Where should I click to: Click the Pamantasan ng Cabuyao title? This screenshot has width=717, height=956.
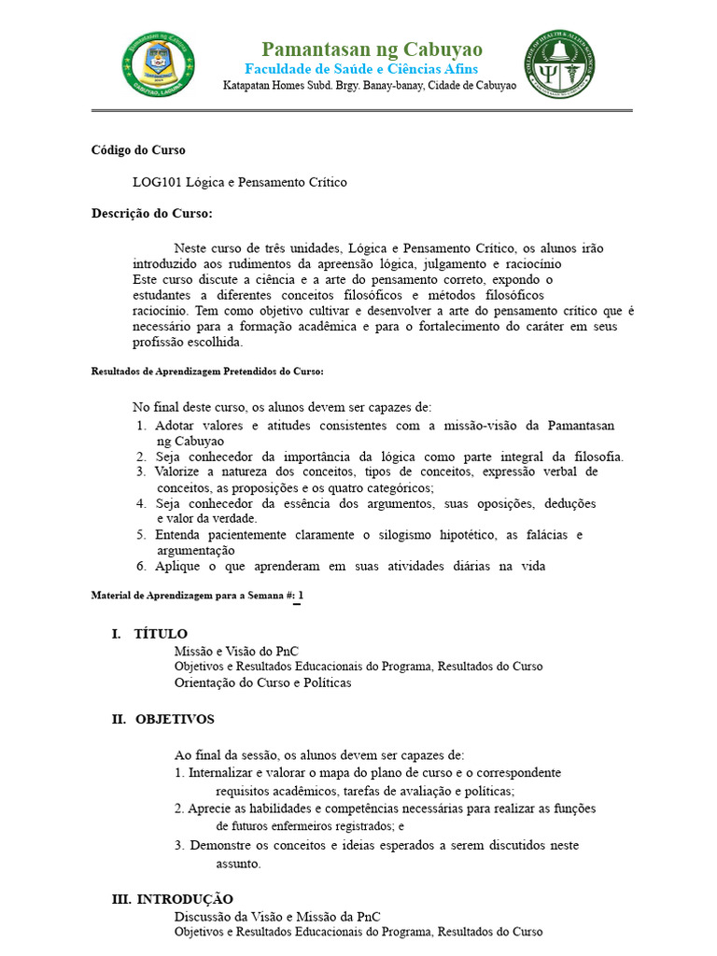tap(372, 49)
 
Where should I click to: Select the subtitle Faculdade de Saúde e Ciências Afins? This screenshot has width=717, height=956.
tap(361, 69)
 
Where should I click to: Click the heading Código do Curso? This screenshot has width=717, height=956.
tap(138, 149)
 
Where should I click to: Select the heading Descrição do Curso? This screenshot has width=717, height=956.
tap(152, 214)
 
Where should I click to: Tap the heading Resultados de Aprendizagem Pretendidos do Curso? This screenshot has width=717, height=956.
tap(207, 372)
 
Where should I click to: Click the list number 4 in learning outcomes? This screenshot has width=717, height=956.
tap(140, 503)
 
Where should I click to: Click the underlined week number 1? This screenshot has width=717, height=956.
tap(300, 596)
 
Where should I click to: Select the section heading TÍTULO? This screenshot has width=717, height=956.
tap(161, 634)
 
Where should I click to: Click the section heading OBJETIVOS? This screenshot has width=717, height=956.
tap(175, 719)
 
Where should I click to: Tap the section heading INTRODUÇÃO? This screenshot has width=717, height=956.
tap(185, 899)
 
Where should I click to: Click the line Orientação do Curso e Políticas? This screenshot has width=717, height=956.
tap(262, 682)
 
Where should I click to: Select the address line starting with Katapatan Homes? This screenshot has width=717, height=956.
tap(369, 86)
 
